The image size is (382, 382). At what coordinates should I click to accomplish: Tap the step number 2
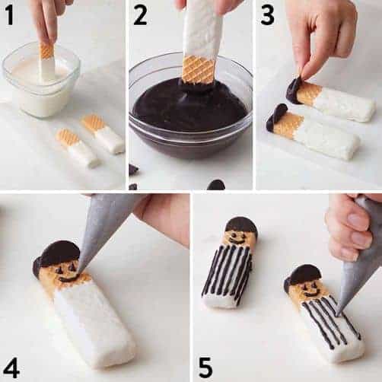click(x=140, y=15)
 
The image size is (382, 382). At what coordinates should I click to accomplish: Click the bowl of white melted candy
click(x=41, y=81)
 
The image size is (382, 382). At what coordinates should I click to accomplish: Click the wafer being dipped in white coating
click(x=47, y=63)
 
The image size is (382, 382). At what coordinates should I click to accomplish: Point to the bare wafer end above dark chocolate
click(x=199, y=70)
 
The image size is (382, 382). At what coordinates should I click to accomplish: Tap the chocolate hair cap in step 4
click(x=56, y=256)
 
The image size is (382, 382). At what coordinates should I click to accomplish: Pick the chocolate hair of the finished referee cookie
click(x=241, y=224)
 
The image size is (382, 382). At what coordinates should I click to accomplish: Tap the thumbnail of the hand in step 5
click(x=355, y=218)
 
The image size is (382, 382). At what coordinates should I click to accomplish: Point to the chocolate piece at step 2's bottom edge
click(x=216, y=185)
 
